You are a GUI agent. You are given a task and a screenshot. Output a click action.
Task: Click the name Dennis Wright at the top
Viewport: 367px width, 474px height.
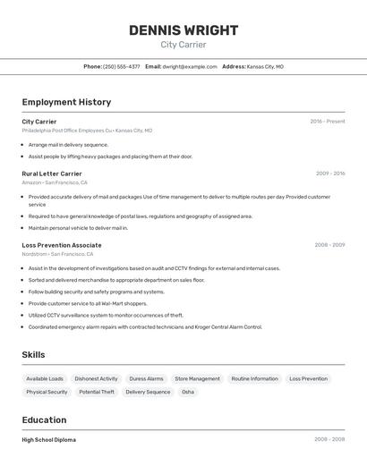point(183,30)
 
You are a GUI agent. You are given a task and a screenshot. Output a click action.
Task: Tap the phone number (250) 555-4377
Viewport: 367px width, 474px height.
point(121,66)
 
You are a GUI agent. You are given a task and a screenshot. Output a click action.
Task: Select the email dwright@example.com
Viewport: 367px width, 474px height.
point(190,66)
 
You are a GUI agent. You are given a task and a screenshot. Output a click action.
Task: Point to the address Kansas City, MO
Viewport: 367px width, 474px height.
point(265,66)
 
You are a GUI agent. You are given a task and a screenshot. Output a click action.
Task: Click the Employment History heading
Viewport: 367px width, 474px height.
point(66,102)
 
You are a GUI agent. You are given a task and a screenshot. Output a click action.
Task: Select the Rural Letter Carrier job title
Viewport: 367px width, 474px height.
point(52,174)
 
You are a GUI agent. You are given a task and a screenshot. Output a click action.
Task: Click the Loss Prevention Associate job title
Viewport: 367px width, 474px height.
point(62,245)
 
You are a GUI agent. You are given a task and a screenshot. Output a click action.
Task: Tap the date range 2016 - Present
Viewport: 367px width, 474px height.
point(328,122)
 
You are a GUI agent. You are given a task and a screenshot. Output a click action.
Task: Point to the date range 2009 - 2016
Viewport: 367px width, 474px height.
point(329,174)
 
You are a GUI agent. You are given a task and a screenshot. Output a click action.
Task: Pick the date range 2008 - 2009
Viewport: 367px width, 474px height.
point(329,245)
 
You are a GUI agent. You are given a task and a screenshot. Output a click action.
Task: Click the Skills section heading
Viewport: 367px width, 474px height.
point(33,355)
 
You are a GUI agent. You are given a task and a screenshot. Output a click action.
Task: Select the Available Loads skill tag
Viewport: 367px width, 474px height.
point(45,378)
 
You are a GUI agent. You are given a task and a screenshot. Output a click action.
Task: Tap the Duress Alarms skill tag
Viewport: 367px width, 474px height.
point(146,378)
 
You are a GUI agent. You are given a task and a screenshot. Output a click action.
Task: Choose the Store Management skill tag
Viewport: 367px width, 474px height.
point(197,378)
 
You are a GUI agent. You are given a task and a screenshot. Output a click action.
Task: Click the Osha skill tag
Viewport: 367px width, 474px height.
point(188,392)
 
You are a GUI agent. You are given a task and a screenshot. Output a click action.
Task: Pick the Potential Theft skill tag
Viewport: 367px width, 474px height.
point(97,392)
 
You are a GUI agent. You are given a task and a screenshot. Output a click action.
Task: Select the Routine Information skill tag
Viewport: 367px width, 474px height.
point(254,378)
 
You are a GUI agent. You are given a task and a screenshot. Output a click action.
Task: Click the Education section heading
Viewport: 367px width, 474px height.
point(44,419)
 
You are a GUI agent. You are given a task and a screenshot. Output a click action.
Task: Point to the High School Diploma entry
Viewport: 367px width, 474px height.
point(49,440)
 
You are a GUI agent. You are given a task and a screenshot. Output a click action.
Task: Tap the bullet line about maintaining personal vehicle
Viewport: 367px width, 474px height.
point(78,228)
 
